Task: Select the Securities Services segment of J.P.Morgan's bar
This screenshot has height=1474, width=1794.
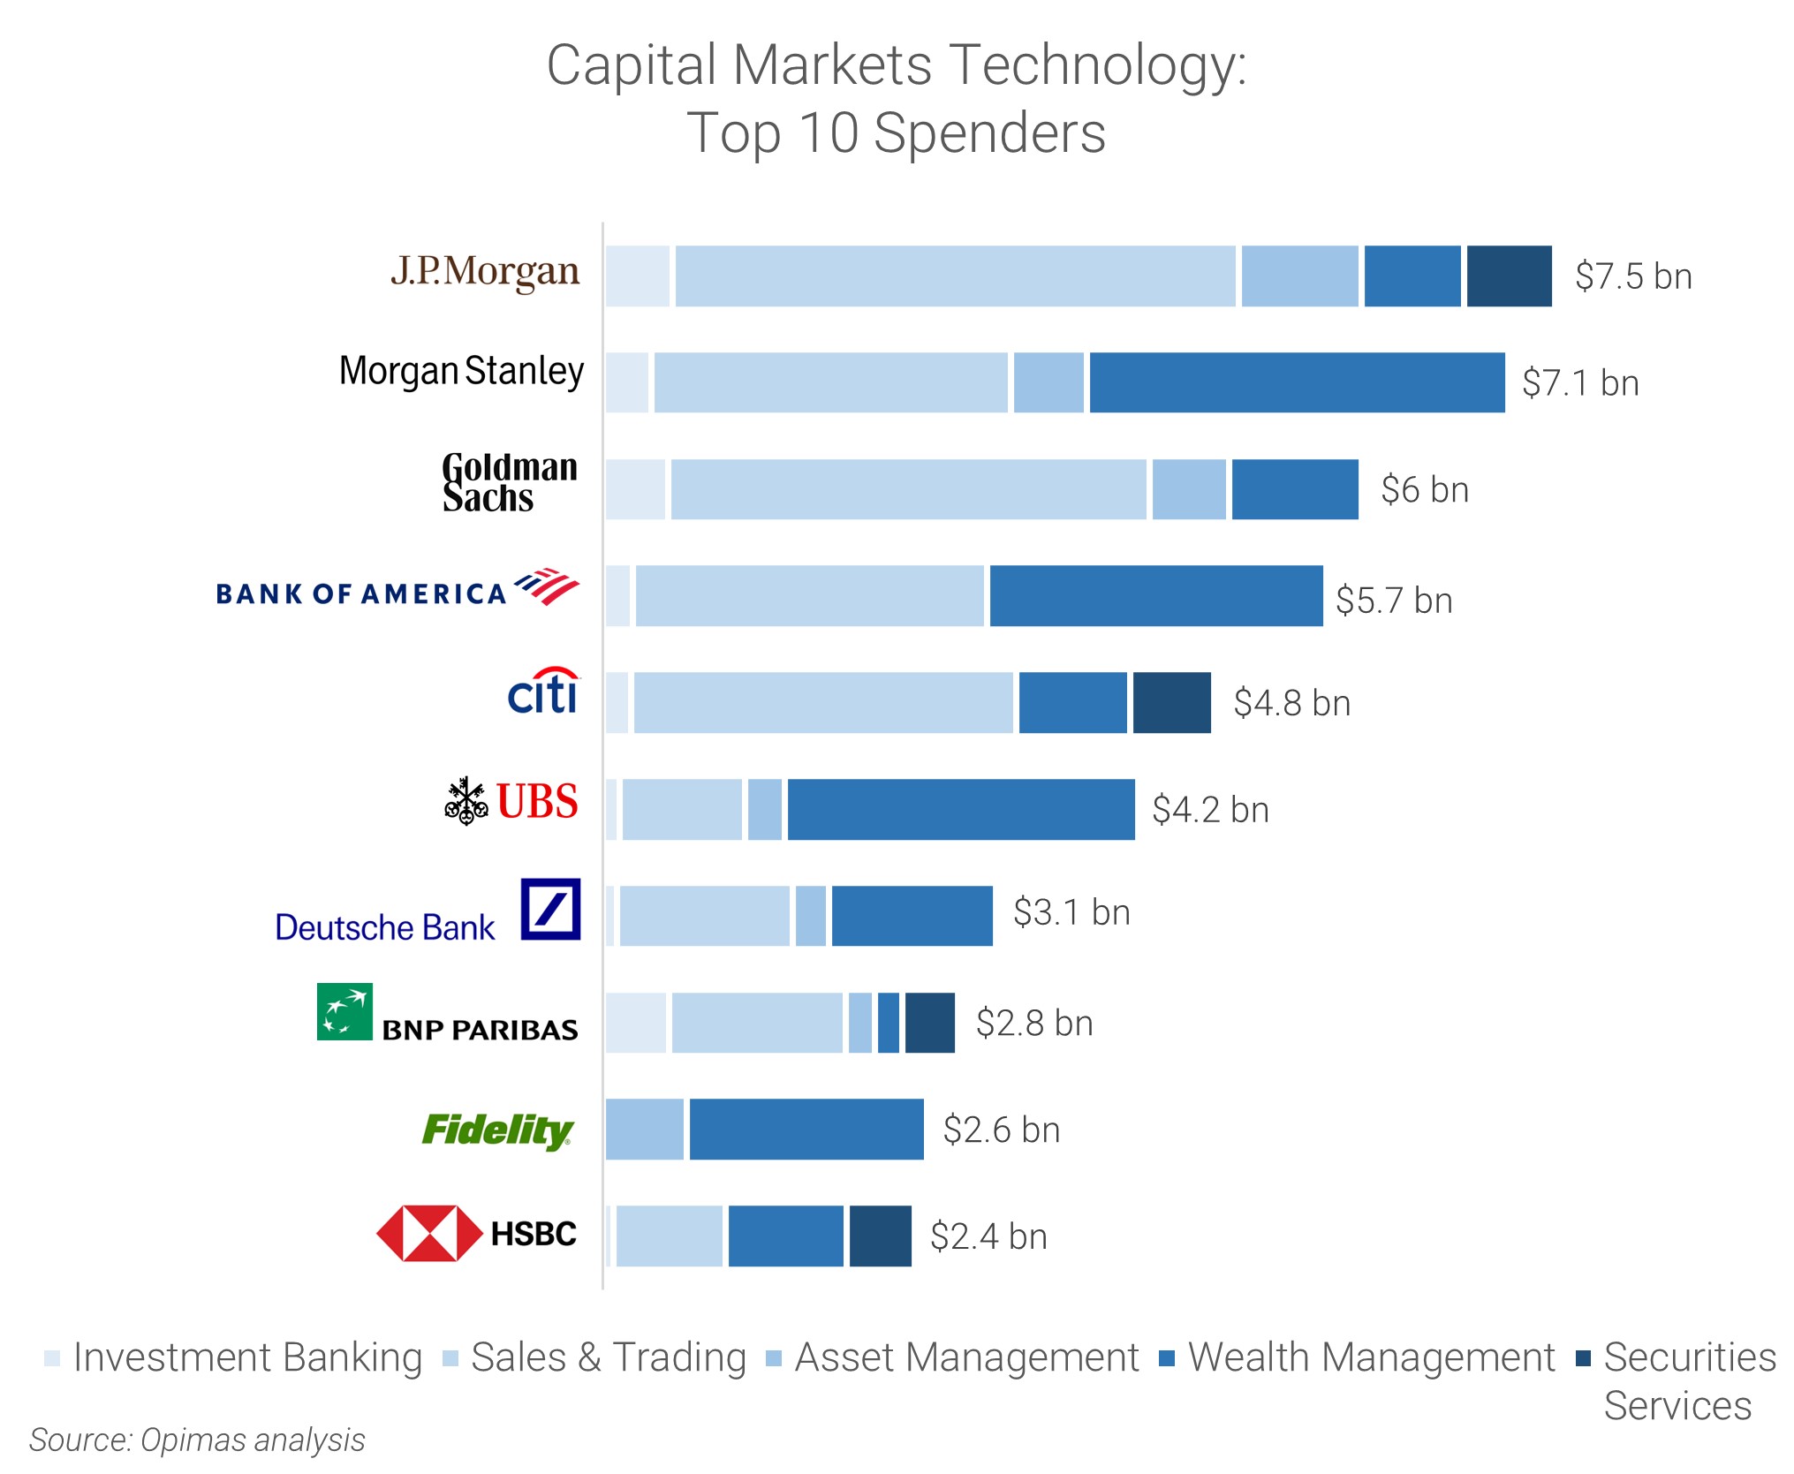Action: (1509, 276)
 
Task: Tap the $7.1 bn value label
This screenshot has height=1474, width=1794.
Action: (1580, 383)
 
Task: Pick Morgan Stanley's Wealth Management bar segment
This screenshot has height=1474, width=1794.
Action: (1297, 382)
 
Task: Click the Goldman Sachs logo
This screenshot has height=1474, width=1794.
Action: (509, 483)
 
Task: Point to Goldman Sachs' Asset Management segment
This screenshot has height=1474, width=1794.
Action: (1189, 489)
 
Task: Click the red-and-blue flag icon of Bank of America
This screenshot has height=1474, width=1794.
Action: (547, 586)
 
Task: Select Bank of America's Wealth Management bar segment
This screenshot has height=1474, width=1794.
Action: (1155, 596)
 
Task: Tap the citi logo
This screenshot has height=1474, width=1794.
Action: (543, 692)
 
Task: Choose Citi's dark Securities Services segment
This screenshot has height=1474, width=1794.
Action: (1171, 703)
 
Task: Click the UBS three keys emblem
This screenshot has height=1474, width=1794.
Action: (466, 801)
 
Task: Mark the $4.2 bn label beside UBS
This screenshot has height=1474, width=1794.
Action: (1210, 810)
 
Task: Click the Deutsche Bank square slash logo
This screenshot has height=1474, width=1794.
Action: (550, 909)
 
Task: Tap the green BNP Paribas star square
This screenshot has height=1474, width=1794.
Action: (344, 1011)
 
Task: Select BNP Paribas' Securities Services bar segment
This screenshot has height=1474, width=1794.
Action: (929, 1023)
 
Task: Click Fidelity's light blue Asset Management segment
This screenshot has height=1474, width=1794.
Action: (644, 1130)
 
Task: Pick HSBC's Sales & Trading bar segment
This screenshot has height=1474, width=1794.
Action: (669, 1236)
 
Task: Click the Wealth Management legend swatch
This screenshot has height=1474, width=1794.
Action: (1167, 1358)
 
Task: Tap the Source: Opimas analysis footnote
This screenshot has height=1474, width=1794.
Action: (197, 1440)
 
